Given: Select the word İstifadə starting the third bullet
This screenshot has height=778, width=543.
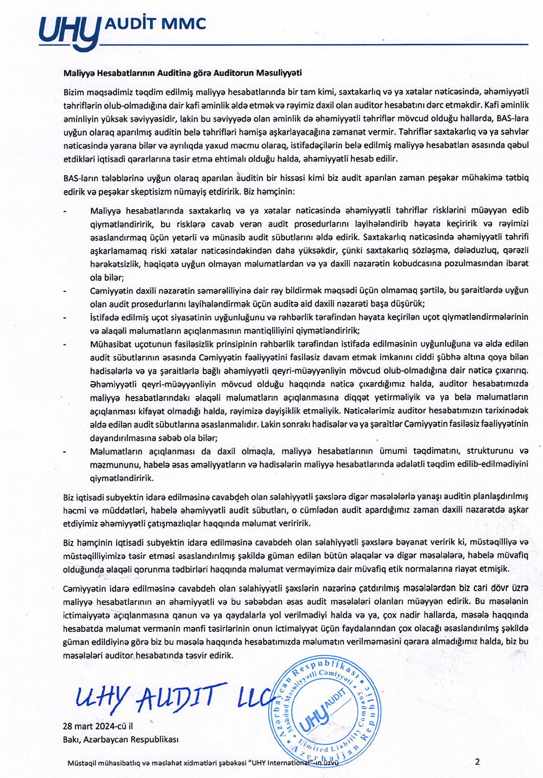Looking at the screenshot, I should pos(106,317).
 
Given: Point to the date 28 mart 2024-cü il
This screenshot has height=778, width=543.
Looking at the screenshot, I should pos(98,726).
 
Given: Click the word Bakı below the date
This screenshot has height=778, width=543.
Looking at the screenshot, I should pos(72,739).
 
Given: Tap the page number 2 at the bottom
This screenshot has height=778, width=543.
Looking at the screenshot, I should pos(477,762).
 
